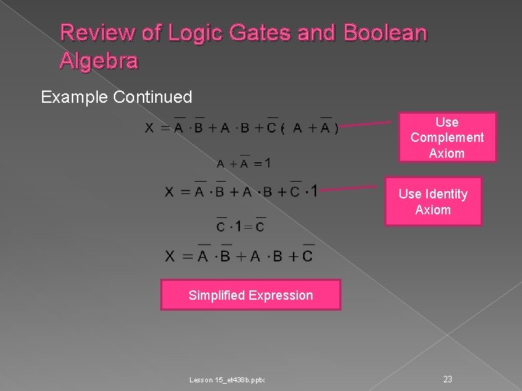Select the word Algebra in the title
99,62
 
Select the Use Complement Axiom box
447,137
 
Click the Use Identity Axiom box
433,202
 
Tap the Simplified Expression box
250,295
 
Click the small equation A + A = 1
244,163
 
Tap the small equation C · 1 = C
241,225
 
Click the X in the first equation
149,129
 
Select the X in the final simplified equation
170,256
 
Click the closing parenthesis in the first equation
336,129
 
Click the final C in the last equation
307,256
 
